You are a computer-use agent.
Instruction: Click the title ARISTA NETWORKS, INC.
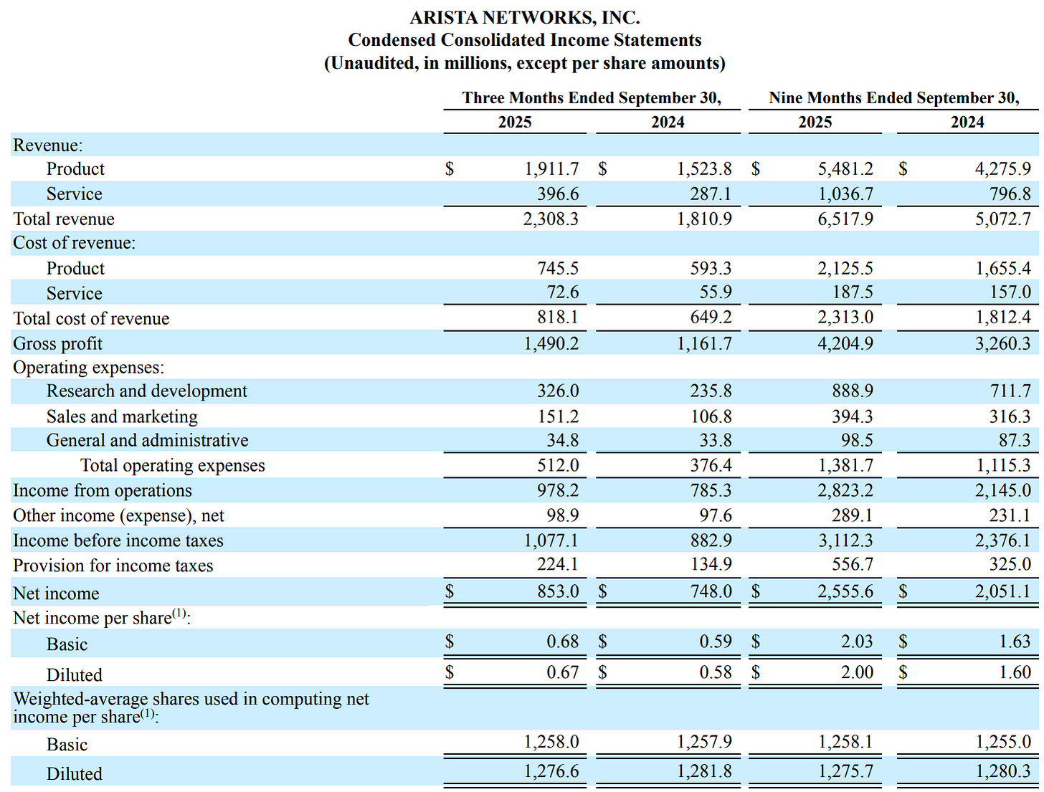525,17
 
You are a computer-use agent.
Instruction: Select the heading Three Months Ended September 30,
592,97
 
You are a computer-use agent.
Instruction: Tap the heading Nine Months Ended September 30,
893,97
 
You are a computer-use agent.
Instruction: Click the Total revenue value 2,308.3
551,219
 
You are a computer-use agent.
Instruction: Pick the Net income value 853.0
558,591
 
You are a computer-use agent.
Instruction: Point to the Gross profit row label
57,343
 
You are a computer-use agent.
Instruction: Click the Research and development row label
146,391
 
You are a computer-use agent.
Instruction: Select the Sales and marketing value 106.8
711,416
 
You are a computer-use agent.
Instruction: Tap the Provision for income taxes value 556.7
853,565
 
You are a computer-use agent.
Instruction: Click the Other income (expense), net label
118,515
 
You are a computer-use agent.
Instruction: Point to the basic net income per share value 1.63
1015,641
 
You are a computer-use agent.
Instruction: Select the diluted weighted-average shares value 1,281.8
704,771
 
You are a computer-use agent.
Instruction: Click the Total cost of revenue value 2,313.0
845,318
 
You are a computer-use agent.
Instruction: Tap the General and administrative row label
147,440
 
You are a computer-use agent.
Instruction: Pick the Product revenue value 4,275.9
1002,168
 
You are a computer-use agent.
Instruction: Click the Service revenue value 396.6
558,194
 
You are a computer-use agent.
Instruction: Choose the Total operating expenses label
172,465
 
